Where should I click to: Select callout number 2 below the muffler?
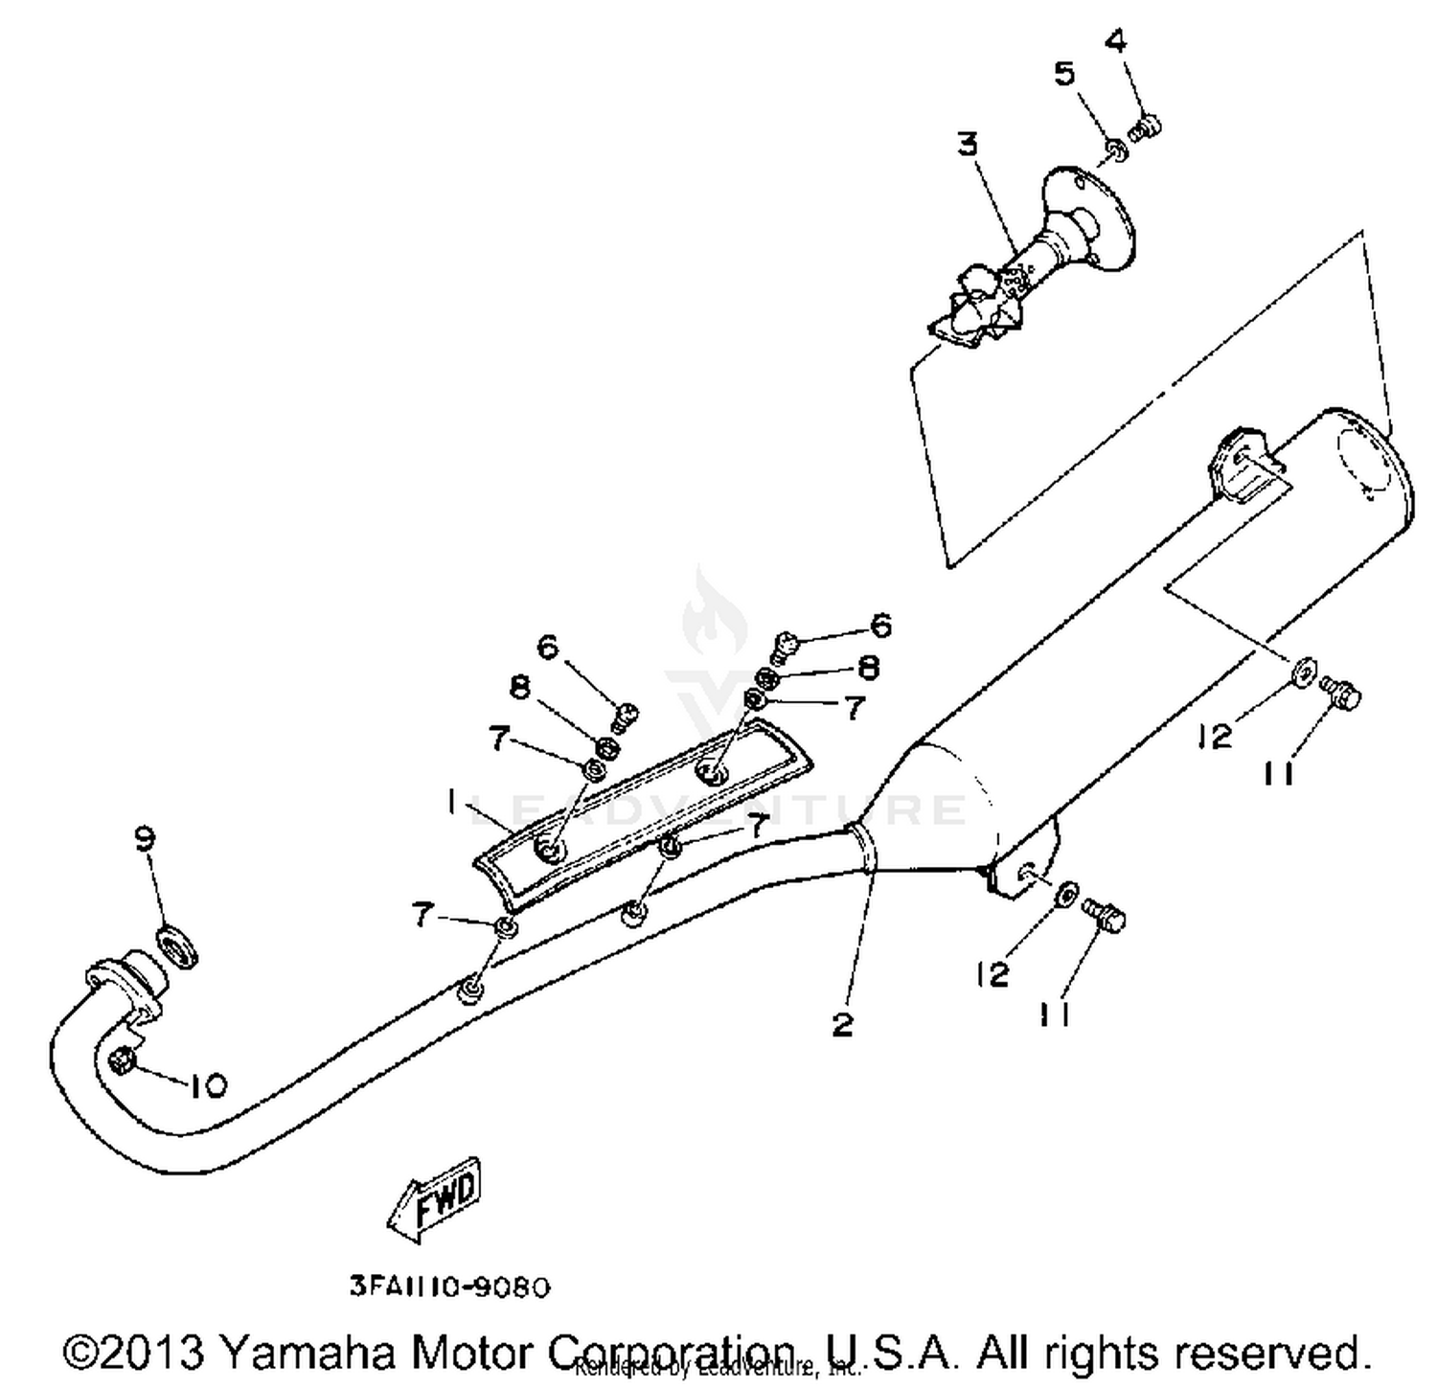point(842,1024)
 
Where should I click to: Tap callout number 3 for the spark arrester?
point(968,145)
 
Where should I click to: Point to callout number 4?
point(1116,41)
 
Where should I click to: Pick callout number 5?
point(1064,74)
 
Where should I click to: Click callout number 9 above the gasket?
point(145,839)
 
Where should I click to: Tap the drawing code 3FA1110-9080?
point(449,1287)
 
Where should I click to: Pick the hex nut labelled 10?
point(123,1060)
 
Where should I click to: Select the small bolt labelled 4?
point(1144,126)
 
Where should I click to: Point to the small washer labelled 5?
point(1115,149)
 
